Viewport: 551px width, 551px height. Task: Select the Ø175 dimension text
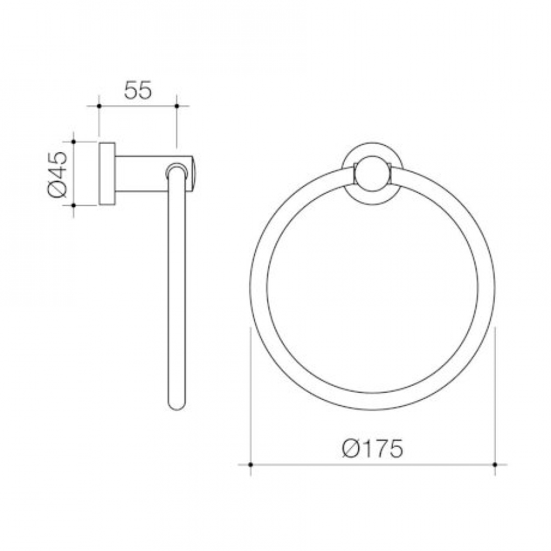point(372,449)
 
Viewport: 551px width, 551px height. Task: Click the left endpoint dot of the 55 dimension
point(99,106)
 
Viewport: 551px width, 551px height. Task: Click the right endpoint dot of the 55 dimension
point(176,106)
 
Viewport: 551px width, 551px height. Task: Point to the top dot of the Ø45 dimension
point(73,142)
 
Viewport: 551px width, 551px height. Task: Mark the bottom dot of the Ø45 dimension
point(73,205)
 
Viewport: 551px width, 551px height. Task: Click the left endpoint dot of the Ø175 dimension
point(250,464)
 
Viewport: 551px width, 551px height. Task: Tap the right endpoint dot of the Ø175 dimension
point(495,464)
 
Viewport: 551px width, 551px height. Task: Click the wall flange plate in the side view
point(107,174)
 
